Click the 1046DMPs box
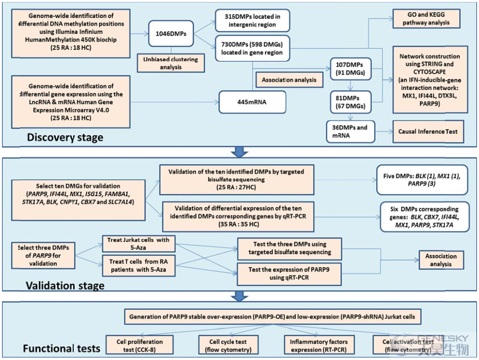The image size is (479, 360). coord(171,34)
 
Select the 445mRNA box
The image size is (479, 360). coord(252,102)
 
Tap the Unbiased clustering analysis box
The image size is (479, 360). coord(171,63)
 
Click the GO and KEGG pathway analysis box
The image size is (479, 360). coord(426,19)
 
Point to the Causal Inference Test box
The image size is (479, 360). coord(428,131)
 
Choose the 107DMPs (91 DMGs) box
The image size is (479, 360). coord(350,69)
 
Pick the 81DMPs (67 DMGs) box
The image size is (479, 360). coord(350,102)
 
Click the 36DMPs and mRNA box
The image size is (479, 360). coord(350,131)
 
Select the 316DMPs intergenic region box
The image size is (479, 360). coord(252,20)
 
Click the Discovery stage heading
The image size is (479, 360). coord(65,137)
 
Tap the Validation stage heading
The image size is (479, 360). coord(65,285)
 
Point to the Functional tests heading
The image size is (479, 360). coord(62,348)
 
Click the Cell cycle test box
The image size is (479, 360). coord(228,345)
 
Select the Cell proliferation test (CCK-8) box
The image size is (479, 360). coord(139,345)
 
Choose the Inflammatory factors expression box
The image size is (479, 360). coord(319,345)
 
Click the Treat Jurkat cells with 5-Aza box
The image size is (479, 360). coord(138,243)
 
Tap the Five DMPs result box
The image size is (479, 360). coord(422,180)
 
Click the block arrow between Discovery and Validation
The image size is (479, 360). coord(239,152)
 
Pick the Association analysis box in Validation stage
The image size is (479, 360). coord(441,260)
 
